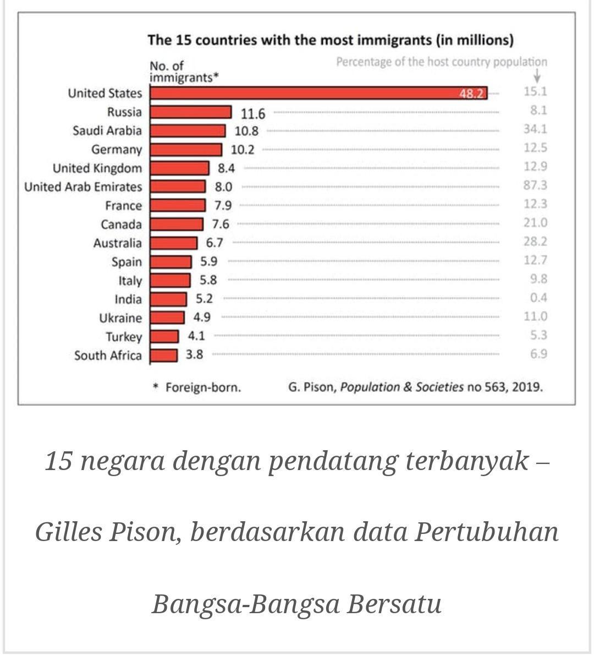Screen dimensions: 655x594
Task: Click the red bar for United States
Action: click(318, 93)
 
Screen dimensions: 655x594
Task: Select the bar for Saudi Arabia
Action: click(188, 131)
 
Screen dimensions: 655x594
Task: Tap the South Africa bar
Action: click(163, 355)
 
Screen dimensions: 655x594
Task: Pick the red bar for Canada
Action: click(176, 224)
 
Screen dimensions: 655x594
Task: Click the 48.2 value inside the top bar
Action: click(472, 94)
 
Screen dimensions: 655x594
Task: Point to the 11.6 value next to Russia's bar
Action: click(253, 113)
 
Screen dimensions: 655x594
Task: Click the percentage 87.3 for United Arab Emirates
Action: click(535, 185)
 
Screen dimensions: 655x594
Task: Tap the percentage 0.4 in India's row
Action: click(538, 298)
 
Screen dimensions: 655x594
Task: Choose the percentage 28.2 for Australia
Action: click(535, 242)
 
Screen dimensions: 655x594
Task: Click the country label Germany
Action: click(117, 150)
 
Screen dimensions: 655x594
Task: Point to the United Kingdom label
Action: click(97, 168)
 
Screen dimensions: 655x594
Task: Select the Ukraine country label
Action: click(120, 318)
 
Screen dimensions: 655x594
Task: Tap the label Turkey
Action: click(124, 337)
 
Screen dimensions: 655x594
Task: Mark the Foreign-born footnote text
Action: click(203, 387)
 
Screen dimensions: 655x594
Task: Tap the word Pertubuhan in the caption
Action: click(486, 532)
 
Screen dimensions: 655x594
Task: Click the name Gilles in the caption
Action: click(69, 532)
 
